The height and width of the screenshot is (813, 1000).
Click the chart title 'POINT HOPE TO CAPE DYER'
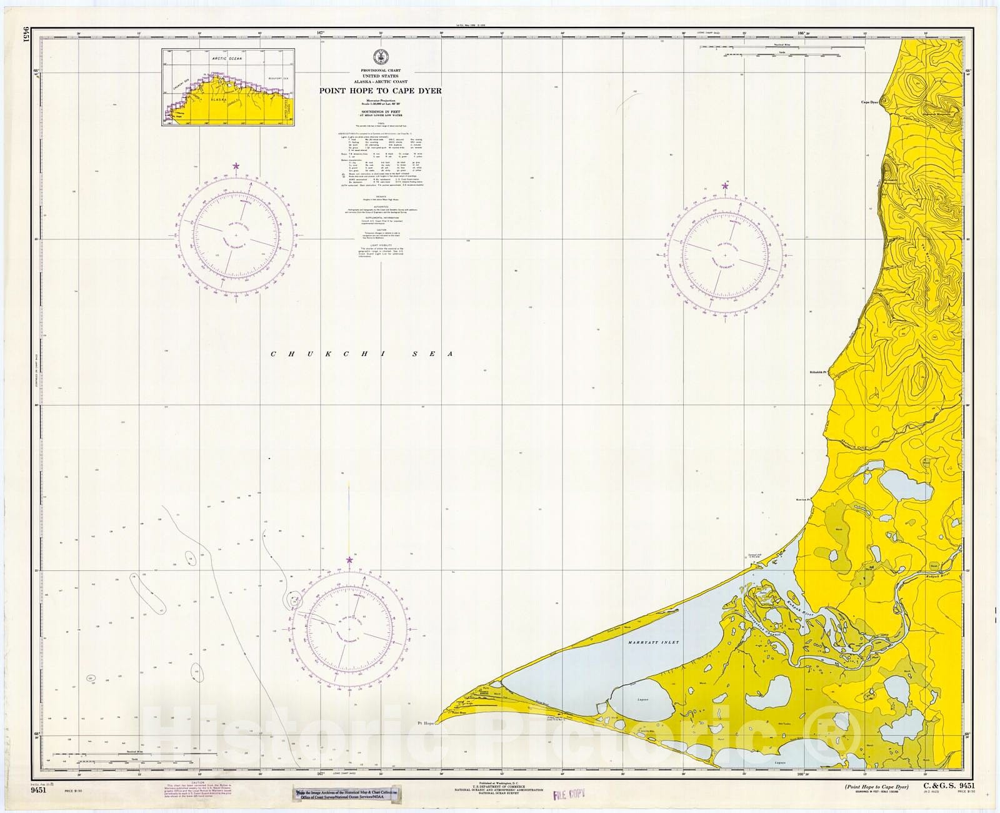tap(381, 91)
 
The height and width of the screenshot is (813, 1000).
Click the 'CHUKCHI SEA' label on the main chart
tap(361, 354)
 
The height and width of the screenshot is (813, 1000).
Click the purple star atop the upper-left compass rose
tap(236, 166)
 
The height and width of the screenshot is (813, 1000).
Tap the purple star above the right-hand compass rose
tap(726, 184)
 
